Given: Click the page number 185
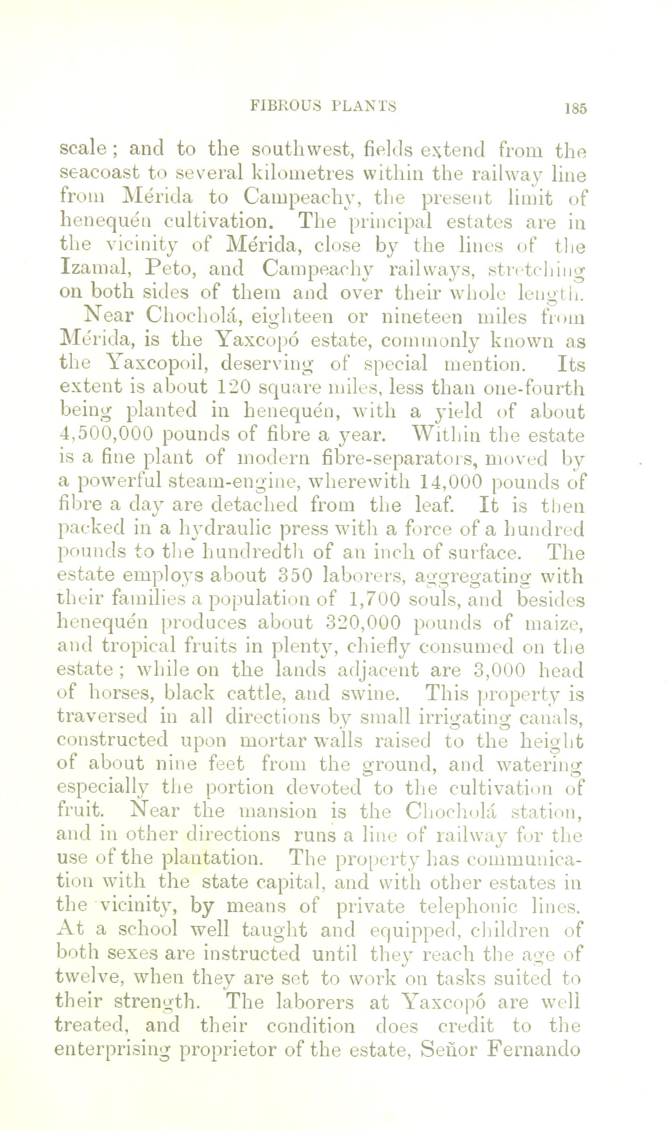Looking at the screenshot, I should [573, 108].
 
